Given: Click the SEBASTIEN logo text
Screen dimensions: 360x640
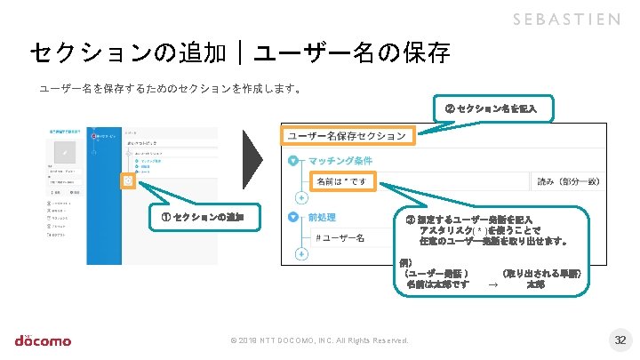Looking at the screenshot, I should point(566,20).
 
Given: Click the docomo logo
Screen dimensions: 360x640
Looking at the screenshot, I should point(43,340).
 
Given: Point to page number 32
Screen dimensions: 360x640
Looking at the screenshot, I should point(620,340).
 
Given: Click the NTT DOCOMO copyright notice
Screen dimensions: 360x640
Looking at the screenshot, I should point(319,341).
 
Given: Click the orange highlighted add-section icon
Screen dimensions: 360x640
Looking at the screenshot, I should point(128,181).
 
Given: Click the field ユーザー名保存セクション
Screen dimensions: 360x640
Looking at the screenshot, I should point(348,136).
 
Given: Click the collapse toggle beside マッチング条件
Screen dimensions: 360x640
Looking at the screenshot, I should point(294,162).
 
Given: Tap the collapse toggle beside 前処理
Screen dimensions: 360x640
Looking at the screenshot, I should point(294,217).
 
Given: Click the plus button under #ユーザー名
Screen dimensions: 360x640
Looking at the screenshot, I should point(300,254).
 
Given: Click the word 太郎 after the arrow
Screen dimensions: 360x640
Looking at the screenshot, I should point(535,285).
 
